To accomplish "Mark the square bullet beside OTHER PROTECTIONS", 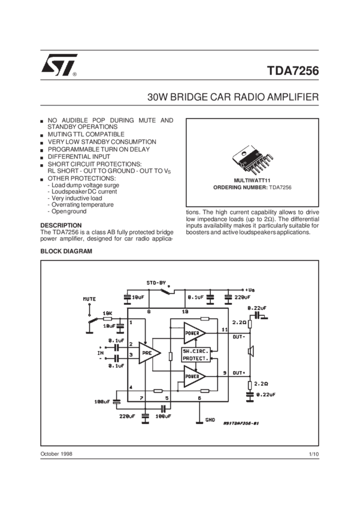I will coord(42,179).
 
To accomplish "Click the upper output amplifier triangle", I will coord(192,331).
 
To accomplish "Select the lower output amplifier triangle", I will coord(192,375).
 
